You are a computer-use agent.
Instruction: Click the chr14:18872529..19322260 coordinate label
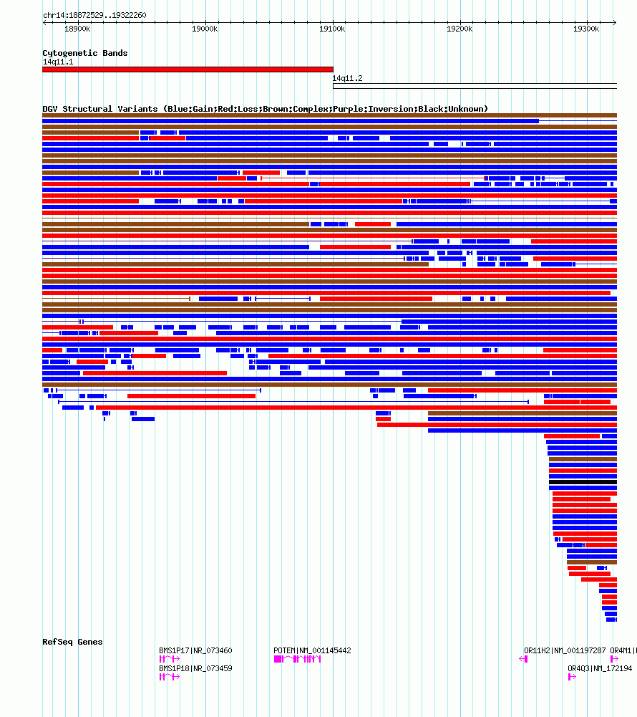coord(94,15)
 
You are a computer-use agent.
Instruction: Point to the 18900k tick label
coord(77,29)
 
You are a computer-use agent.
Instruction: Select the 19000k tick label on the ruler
coord(205,29)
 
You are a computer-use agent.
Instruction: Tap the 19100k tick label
coord(332,29)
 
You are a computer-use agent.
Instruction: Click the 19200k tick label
coord(459,29)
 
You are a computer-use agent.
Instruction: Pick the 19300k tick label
coord(586,29)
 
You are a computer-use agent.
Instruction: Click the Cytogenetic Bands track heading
coord(84,53)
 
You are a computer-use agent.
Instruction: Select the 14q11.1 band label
coord(57,62)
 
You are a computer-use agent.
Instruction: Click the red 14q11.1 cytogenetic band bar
coord(188,69)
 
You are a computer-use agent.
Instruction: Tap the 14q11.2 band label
coord(347,78)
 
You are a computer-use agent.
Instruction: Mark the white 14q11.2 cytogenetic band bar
coord(475,86)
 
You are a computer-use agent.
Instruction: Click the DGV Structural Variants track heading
coord(265,109)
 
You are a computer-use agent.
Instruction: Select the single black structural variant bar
coord(583,482)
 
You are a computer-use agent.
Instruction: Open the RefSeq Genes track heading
coord(72,642)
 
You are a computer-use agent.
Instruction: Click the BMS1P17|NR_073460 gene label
coord(195,650)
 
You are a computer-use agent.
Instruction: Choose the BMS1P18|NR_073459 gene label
coord(195,668)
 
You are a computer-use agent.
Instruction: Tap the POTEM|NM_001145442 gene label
coord(312,650)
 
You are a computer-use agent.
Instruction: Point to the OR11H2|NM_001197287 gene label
coord(565,650)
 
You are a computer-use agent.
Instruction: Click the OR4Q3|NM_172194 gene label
coord(600,668)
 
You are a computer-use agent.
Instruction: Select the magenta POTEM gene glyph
coord(298,659)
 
